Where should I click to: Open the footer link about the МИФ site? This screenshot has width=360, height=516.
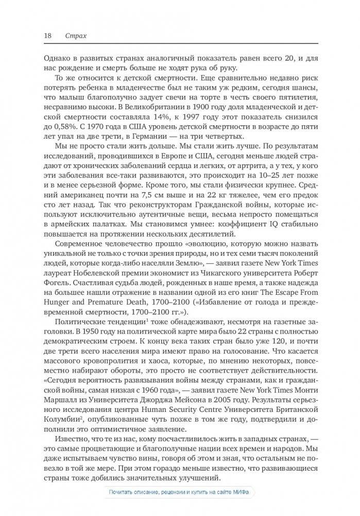180,492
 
